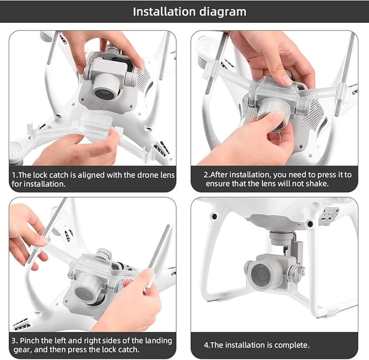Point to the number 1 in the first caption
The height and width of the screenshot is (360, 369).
[x=14, y=175]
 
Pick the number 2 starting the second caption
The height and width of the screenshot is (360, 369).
[x=206, y=175]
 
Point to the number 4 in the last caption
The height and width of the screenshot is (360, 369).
[x=206, y=345]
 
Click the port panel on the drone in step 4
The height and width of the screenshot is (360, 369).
[x=329, y=216]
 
